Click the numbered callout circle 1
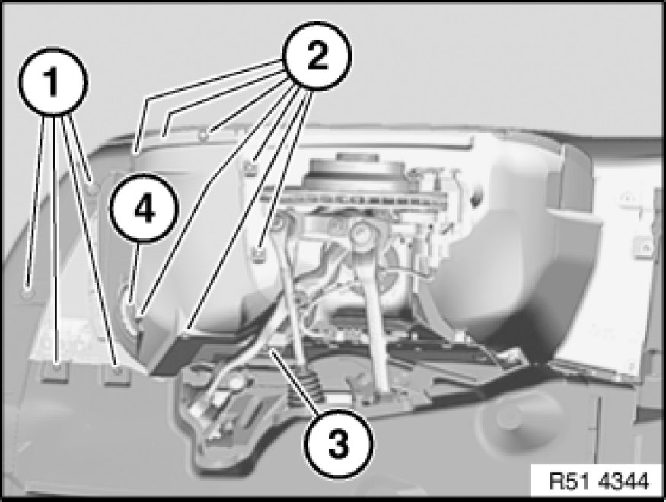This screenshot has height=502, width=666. point(53,82)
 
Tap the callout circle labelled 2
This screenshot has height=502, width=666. point(317,56)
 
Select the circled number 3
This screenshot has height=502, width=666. point(338,444)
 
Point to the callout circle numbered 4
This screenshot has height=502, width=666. point(144,208)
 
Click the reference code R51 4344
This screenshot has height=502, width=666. point(599,481)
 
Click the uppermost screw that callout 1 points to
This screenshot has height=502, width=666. point(93,187)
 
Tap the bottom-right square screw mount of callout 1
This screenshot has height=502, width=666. point(116,374)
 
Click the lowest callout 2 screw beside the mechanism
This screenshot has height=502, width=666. point(257,254)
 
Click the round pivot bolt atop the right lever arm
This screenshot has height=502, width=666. point(362,233)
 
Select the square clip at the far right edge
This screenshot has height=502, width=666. point(644,247)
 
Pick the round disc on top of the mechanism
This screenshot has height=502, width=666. point(353,170)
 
